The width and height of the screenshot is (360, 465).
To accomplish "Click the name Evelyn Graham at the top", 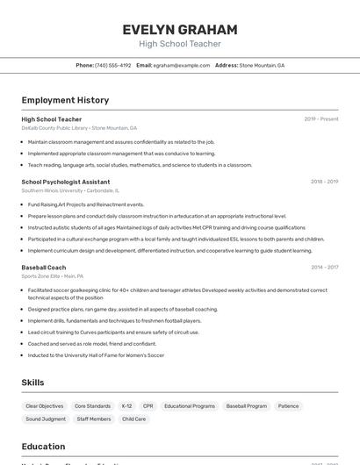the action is tap(180, 29).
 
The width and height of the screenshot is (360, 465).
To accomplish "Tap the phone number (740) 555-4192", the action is tap(113, 65).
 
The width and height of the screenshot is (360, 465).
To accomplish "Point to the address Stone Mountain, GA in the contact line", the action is tap(262, 65).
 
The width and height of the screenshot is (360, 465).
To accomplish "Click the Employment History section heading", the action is tap(65, 100).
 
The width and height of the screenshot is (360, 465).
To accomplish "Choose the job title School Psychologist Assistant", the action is tap(66, 182).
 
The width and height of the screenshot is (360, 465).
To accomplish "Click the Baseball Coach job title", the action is tap(44, 267).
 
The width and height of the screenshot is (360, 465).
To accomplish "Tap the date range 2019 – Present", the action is tap(321, 119).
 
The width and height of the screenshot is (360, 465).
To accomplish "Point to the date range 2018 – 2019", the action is tap(324, 182).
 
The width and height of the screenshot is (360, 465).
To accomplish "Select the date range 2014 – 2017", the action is tap(324, 267).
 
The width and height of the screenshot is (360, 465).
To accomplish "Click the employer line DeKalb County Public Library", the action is tap(54, 127).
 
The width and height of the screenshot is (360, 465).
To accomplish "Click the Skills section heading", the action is tap(33, 383).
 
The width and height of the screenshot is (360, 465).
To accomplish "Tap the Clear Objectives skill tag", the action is tap(45, 406).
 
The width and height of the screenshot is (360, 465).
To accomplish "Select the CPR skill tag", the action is tap(148, 406).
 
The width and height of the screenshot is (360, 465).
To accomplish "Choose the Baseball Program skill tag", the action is tap(246, 406).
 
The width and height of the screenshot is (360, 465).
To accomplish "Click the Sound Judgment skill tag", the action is tap(46, 419).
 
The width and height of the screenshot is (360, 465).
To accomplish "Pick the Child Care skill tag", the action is tap(134, 419).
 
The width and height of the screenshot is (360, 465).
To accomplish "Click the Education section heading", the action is tap(44, 446).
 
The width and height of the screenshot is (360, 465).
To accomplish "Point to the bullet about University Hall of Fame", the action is tap(96, 355).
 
